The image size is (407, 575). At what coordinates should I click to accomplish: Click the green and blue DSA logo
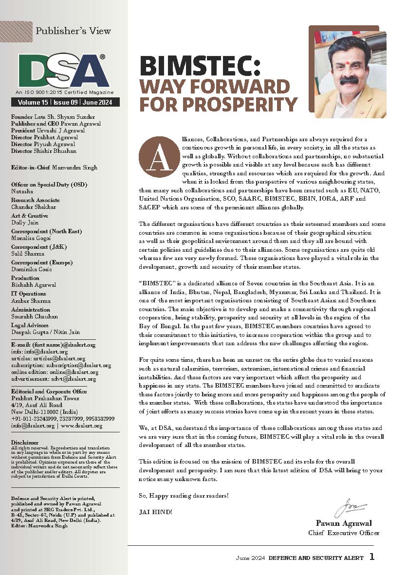63,70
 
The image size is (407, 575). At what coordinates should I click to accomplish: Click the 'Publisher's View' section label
73,31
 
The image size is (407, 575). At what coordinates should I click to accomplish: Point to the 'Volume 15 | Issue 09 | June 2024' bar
65,102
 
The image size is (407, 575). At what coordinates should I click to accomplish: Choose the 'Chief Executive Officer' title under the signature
344,533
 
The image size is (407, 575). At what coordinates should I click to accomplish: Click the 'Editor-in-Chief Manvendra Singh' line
54,167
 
